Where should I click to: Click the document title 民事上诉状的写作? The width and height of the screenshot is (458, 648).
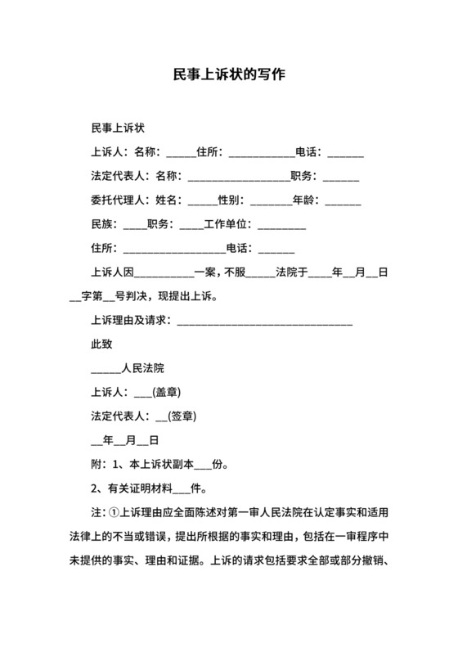[x=228, y=74]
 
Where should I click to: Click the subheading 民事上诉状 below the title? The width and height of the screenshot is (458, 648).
[x=118, y=128]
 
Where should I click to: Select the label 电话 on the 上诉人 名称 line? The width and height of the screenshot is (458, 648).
[x=308, y=152]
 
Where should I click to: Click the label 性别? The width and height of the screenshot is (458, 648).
[x=231, y=200]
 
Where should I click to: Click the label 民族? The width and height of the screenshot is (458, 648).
[x=102, y=223]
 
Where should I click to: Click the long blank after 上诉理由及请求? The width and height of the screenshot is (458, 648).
[x=265, y=320]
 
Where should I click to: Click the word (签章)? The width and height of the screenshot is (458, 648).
[x=181, y=415]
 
